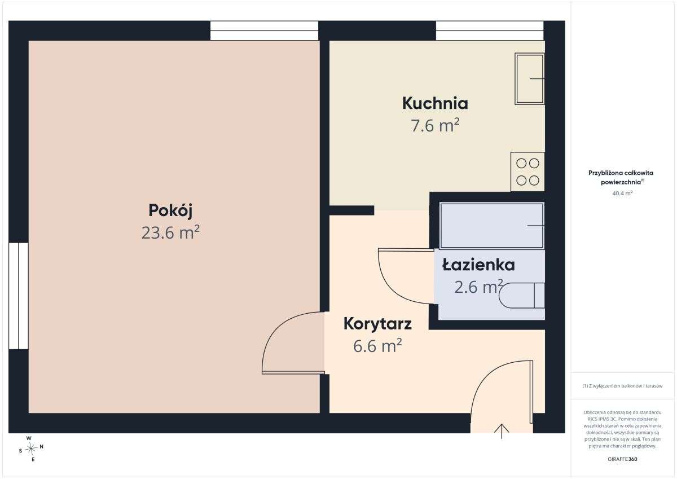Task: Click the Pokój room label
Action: [x=170, y=210]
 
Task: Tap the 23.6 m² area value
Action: [x=170, y=232]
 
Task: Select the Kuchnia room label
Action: [x=435, y=103]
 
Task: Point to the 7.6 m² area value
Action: [x=435, y=125]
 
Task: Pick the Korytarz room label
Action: [x=377, y=324]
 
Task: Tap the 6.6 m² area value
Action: [x=377, y=346]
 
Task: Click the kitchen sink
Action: [x=530, y=79]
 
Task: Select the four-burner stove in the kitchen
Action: [x=527, y=172]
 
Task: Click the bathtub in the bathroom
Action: [x=492, y=226]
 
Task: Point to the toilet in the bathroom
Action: [x=522, y=296]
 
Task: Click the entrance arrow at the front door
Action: [x=502, y=431]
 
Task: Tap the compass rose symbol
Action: [x=31, y=449]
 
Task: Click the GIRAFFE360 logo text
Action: [x=622, y=459]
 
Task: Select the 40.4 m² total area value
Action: [x=622, y=193]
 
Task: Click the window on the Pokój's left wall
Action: [x=19, y=296]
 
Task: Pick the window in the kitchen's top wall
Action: [x=490, y=30]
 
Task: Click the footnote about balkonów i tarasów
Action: [x=622, y=386]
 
